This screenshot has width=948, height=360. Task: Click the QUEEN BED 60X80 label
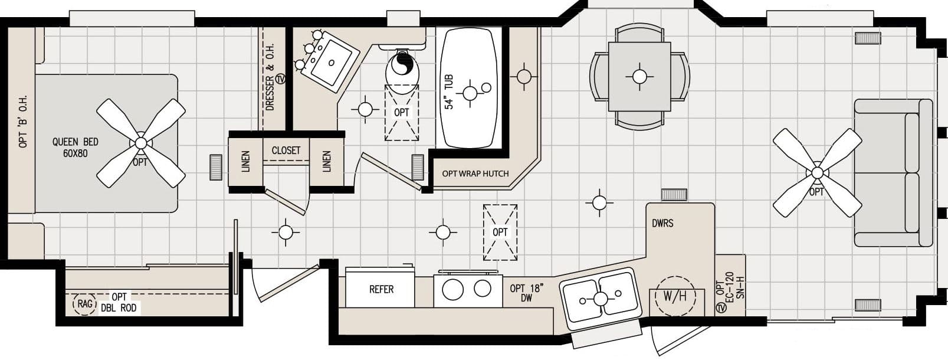click(x=75, y=148)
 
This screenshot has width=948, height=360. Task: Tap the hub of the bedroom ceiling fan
click(x=140, y=143)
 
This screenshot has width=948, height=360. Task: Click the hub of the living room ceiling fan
click(x=817, y=172)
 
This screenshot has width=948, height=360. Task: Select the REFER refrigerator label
click(x=381, y=289)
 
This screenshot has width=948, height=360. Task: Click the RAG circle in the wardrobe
click(x=84, y=303)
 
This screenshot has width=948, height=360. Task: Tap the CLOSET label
click(x=286, y=150)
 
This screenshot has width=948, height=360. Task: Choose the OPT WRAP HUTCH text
click(x=475, y=174)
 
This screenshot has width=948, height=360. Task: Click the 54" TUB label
click(x=450, y=91)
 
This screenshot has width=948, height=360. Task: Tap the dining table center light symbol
click(x=639, y=76)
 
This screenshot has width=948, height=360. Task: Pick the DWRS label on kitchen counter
click(x=662, y=224)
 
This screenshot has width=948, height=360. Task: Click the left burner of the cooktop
click(x=453, y=289)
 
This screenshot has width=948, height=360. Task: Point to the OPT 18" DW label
click(x=526, y=293)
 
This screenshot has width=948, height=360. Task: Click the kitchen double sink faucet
click(x=601, y=299)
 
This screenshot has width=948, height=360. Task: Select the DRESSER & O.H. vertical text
click(x=270, y=83)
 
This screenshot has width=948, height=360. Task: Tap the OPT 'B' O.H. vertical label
click(x=23, y=122)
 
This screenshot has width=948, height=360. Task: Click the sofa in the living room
click(x=892, y=172)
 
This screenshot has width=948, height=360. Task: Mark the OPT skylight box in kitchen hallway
click(x=500, y=232)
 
